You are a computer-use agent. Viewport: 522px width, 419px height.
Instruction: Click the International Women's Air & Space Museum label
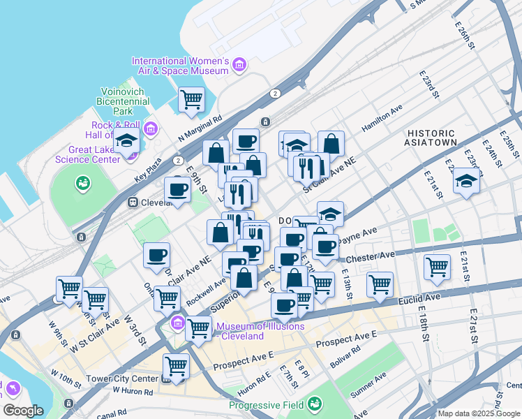click(180, 66)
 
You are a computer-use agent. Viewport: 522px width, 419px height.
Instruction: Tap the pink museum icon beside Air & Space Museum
click(239, 66)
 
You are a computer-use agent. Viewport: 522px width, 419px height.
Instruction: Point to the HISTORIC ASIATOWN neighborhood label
click(431, 138)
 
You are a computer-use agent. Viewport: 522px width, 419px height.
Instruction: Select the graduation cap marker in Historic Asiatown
click(466, 183)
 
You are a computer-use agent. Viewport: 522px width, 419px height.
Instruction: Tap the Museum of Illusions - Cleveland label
click(251, 331)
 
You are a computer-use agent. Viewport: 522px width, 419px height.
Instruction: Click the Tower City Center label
click(119, 379)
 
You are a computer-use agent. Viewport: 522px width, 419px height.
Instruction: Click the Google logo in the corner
click(23, 410)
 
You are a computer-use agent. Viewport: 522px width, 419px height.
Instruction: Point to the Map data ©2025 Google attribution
click(479, 413)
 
